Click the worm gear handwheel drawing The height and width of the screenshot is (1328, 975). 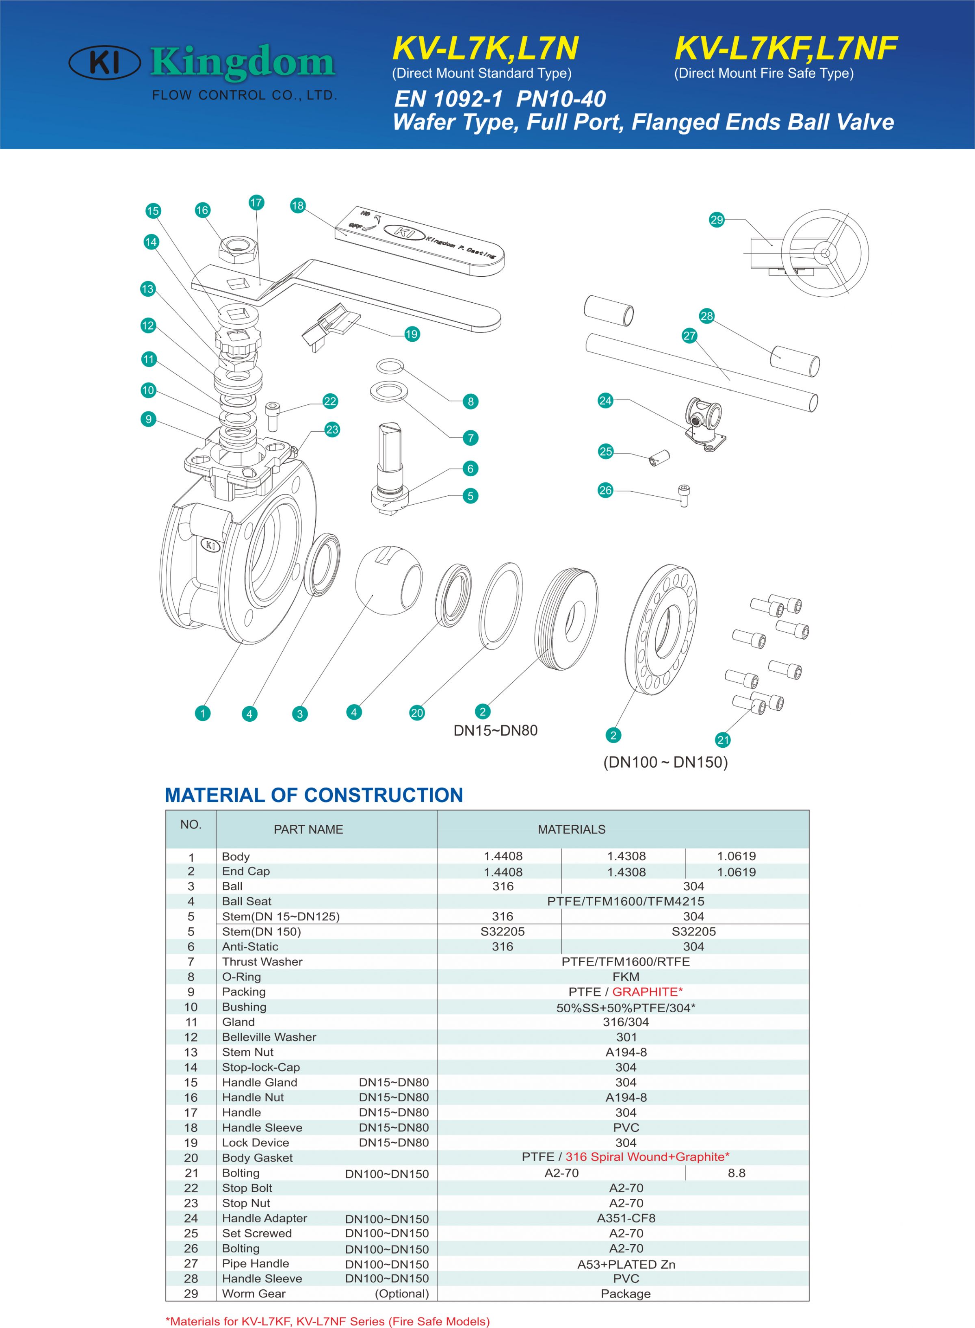[825, 254]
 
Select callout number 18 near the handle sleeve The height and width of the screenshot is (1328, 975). [297, 205]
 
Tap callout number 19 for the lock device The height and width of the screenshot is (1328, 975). [412, 334]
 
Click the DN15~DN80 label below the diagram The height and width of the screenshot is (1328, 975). [495, 731]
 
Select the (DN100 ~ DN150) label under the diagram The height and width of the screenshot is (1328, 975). [665, 762]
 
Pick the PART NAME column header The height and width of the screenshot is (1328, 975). [308, 829]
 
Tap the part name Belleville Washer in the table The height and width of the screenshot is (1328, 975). [269, 1037]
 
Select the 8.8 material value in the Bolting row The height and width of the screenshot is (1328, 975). [736, 1173]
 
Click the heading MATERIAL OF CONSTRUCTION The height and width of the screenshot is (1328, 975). [314, 795]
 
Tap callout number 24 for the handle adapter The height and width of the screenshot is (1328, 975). [606, 401]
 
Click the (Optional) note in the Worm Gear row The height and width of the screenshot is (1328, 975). [402, 1293]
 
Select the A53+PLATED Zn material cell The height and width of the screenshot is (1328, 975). [626, 1264]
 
